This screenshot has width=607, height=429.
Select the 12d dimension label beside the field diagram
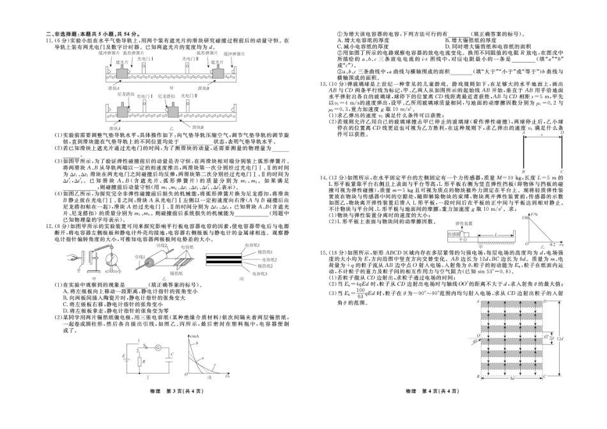pos(559,338)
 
